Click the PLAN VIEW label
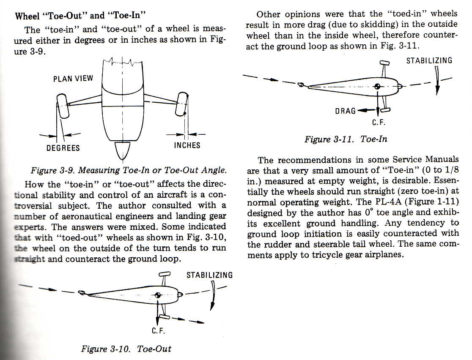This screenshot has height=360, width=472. pyautogui.click(x=73, y=79)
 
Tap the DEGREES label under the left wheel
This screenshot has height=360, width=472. pyautogui.click(x=63, y=148)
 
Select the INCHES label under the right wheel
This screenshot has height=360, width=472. pyautogui.click(x=187, y=145)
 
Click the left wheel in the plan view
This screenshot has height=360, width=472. pyautogui.click(x=63, y=106)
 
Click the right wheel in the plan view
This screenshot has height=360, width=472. pyautogui.click(x=182, y=104)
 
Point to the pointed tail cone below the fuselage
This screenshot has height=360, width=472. pyautogui.click(x=123, y=151)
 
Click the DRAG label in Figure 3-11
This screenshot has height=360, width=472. pyautogui.click(x=345, y=111)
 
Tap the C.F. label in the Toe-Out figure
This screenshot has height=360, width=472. pyautogui.click(x=158, y=331)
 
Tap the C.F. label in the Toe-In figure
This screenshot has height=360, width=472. pyautogui.click(x=379, y=123)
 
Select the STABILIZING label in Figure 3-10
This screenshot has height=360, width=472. pyautogui.click(x=209, y=275)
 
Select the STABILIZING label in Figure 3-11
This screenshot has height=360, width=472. pyautogui.click(x=429, y=61)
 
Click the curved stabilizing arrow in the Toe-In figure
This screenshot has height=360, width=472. pyautogui.click(x=437, y=80)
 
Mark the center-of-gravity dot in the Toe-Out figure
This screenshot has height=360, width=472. pyautogui.click(x=157, y=295)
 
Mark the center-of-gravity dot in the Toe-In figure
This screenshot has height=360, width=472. pyautogui.click(x=378, y=87)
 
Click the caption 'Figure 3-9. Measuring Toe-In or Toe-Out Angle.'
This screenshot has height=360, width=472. pyautogui.click(x=129, y=170)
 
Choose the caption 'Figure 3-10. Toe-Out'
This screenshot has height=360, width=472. pyautogui.click(x=126, y=349)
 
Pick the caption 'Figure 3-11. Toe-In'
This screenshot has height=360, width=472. pyautogui.click(x=346, y=139)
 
